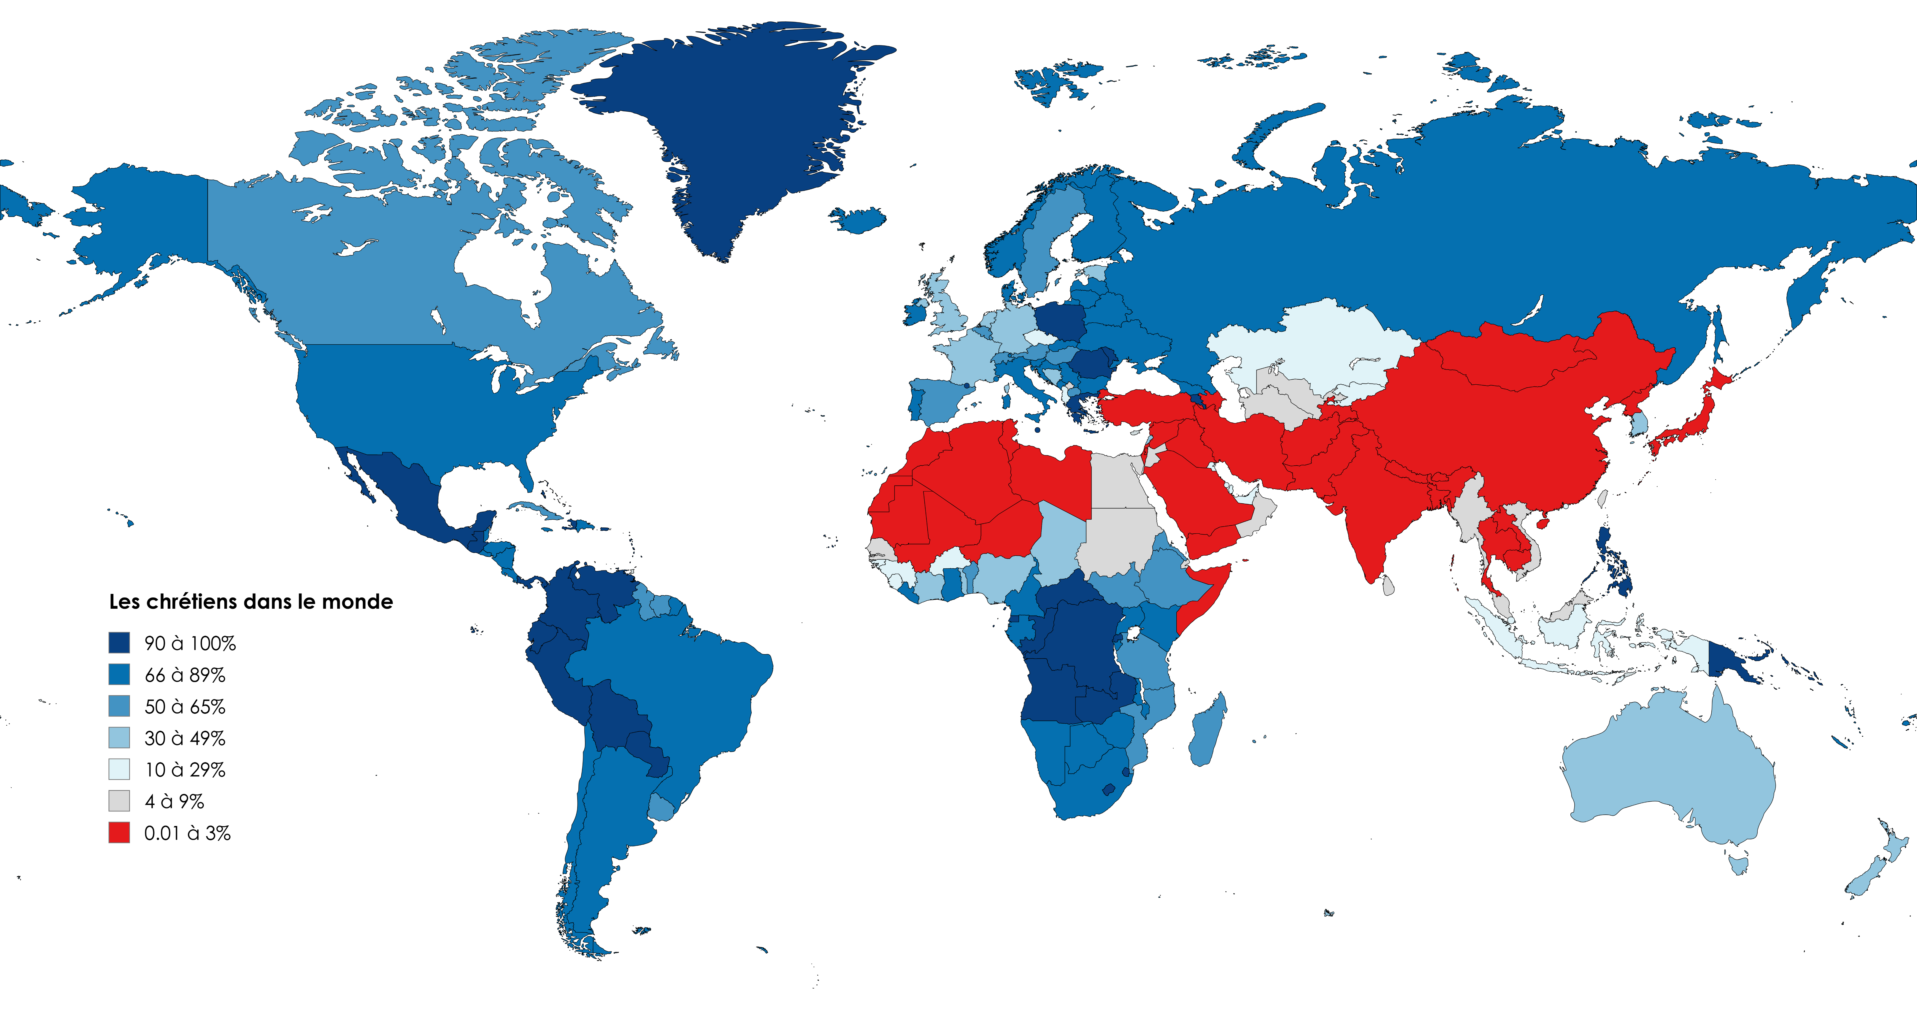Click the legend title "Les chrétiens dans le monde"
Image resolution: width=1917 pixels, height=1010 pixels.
tap(251, 601)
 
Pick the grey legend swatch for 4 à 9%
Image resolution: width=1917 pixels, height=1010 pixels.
tap(119, 801)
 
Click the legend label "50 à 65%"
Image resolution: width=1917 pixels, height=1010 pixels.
tap(185, 706)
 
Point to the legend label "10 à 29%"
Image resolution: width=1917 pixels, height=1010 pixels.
tap(185, 770)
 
